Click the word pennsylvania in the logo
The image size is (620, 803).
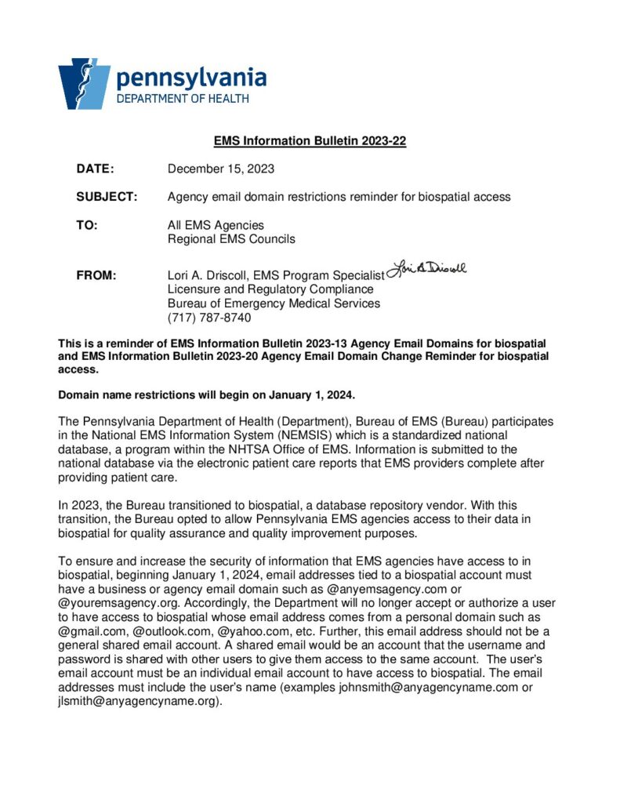click(x=191, y=78)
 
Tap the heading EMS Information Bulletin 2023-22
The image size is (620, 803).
click(x=310, y=142)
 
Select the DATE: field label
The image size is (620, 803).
click(x=95, y=169)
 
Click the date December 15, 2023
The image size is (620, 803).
click(x=221, y=169)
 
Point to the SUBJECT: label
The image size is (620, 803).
click(x=107, y=197)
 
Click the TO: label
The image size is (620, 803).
click(x=87, y=225)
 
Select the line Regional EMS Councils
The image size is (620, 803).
click(x=231, y=239)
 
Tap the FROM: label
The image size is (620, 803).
click(x=96, y=275)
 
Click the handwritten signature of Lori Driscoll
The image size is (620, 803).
click(x=427, y=269)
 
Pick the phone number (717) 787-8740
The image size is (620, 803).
click(x=209, y=318)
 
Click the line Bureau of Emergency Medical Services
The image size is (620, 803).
click(x=274, y=303)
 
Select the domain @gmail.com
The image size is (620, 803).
click(x=92, y=631)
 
